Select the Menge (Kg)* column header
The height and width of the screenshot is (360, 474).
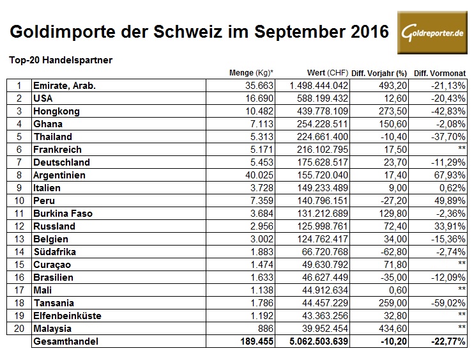click(251, 72)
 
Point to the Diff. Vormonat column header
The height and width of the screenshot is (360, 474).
click(441, 72)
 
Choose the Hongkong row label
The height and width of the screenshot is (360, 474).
click(56, 111)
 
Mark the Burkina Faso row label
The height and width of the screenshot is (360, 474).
click(63, 213)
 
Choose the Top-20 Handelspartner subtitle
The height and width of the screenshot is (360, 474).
click(61, 60)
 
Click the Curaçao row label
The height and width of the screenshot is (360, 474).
click(53, 264)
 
